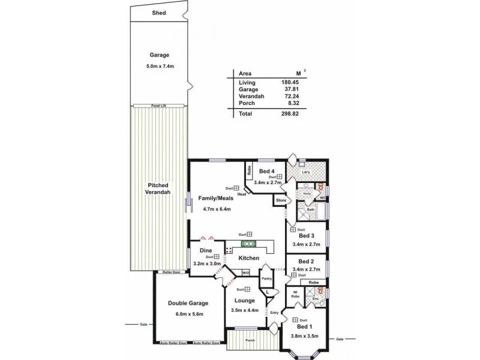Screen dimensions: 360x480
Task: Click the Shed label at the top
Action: [x=158, y=13]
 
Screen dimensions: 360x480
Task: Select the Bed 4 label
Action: [x=266, y=171]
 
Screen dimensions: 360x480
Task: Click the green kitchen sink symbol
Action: [x=248, y=244]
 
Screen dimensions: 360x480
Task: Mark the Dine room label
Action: [x=206, y=250]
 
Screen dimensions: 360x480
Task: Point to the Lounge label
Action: [x=245, y=300]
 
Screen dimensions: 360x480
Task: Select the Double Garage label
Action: [x=189, y=305]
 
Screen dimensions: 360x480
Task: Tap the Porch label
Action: [x=250, y=341]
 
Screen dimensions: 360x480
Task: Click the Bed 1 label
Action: [x=305, y=326]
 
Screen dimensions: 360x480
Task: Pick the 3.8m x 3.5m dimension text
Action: [x=305, y=337]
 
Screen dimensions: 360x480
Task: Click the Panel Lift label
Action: [x=158, y=106]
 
